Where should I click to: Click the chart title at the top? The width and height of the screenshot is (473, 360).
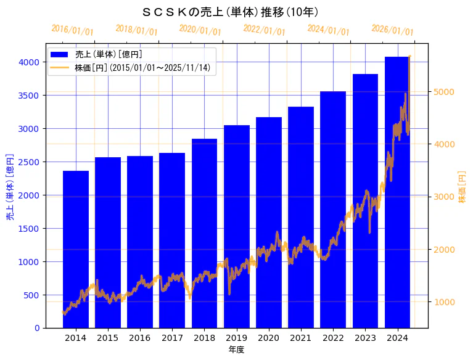[x=230, y=12]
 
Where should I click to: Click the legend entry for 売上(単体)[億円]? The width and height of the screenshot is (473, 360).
[x=104, y=54]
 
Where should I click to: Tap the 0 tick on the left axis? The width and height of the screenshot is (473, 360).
[x=38, y=328]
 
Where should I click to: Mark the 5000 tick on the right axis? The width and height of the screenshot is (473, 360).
[x=444, y=92]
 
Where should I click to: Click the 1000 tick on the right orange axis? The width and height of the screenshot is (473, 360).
[x=444, y=302]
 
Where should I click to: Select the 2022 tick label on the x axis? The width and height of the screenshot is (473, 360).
[x=333, y=338]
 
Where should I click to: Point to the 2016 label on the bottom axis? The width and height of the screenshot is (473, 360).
[x=140, y=338]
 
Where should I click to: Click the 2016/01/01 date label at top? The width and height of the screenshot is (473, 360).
[x=73, y=30]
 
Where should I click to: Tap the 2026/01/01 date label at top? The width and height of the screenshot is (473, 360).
[x=393, y=30]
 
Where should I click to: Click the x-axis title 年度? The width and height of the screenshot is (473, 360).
[x=236, y=350]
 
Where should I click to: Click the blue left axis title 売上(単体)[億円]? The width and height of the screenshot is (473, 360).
[x=10, y=187]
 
